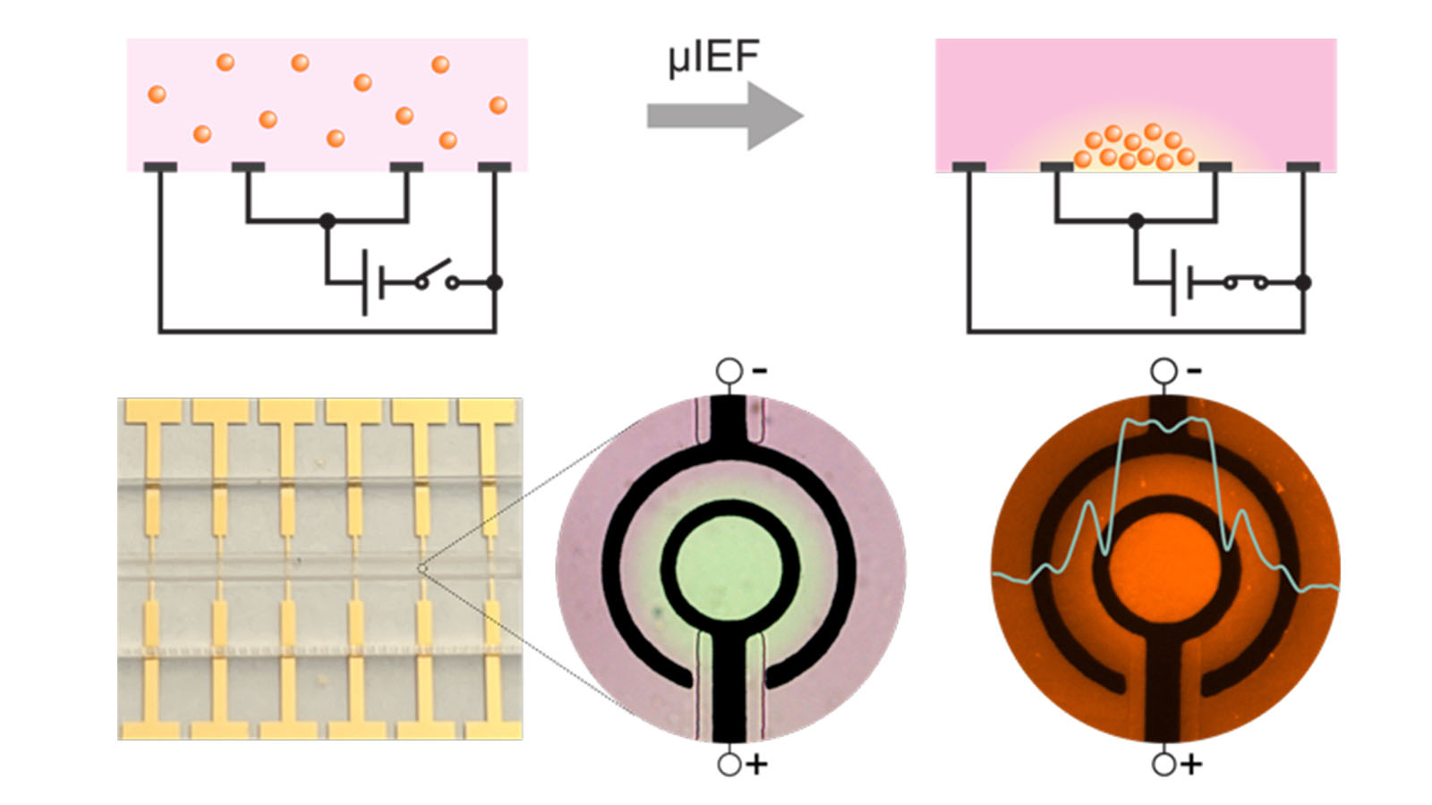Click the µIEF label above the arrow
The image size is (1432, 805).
713,59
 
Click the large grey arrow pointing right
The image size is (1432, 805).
725,115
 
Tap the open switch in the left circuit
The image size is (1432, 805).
435,275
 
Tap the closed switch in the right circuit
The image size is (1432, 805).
1245,283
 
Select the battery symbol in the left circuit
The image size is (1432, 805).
371,283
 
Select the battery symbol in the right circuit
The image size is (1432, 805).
1181,283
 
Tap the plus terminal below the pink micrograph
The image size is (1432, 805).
729,765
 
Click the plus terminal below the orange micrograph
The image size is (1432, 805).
1163,765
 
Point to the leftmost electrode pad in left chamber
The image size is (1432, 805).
160,167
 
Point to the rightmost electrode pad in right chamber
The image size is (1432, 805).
1303,167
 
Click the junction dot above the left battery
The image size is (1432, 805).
328,220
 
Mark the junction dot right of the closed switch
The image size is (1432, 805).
1303,283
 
